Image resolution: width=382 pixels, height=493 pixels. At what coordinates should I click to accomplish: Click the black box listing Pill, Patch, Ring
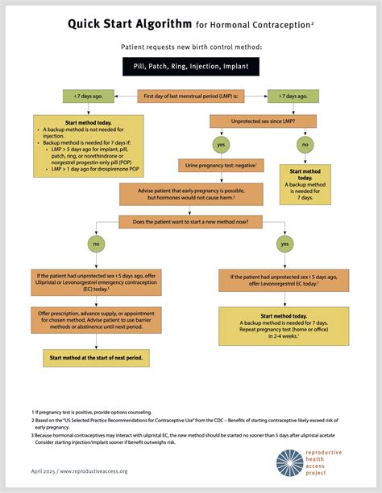coord(191,66)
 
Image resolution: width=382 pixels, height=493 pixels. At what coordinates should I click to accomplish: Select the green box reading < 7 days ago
coord(89,96)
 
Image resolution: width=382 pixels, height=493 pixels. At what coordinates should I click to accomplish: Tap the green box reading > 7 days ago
coord(293,96)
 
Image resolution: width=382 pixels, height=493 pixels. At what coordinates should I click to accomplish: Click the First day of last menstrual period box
coord(191,96)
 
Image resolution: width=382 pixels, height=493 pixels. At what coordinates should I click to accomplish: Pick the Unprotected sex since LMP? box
coord(264,121)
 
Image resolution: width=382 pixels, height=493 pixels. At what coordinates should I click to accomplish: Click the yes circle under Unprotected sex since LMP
coord(221,145)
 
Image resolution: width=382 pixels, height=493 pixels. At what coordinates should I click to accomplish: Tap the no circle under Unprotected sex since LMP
coord(305,145)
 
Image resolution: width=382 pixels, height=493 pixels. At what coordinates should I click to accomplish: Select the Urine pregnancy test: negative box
coord(221,166)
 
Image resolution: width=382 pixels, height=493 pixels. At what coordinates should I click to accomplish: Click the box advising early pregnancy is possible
coord(191,195)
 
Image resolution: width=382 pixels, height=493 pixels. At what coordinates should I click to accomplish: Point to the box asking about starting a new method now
coord(190,222)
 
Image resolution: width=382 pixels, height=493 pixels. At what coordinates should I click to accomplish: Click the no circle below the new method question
coord(96,244)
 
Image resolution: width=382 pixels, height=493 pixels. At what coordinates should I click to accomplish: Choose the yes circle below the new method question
coord(285,244)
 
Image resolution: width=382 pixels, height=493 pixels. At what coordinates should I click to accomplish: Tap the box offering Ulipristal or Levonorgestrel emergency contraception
coord(96,282)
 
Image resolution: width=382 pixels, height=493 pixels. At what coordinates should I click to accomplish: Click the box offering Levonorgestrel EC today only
coord(284,280)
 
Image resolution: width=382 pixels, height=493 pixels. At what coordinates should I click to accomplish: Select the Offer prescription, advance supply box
coord(96,320)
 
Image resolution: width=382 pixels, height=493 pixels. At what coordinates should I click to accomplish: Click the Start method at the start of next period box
coord(96,358)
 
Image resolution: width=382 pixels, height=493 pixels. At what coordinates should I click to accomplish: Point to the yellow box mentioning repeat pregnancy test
coord(284,326)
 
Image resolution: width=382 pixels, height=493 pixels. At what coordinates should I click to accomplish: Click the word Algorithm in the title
coord(159,24)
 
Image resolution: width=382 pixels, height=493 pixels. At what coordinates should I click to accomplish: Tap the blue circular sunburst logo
coord(289,462)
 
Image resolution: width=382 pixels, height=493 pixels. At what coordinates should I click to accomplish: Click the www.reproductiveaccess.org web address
coord(93,471)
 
